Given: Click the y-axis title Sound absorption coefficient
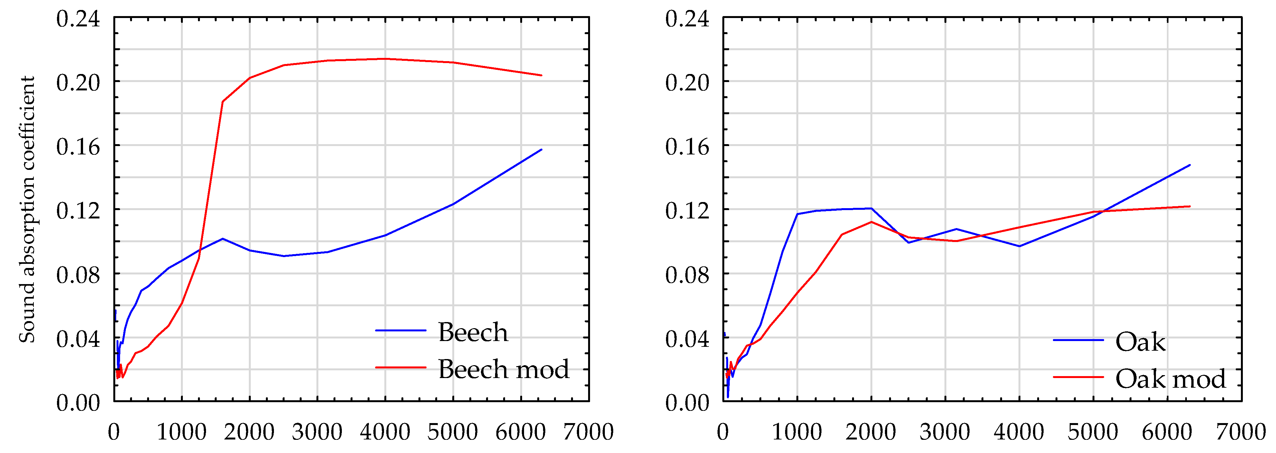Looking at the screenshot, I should tap(27, 209).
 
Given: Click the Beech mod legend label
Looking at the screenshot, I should tap(503, 369).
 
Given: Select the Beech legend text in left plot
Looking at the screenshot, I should tap(473, 332).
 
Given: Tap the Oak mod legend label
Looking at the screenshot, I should tap(1170, 379).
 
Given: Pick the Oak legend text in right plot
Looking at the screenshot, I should tap(1140, 342).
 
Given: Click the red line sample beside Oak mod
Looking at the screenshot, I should tap(1078, 377).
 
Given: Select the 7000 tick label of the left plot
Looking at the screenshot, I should tap(588, 432).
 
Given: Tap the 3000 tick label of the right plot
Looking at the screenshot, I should tap(945, 432).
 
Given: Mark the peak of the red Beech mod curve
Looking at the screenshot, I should tap(385, 59).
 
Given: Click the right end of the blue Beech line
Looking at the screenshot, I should tap(541, 150).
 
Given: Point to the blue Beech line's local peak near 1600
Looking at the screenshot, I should tap(222, 239).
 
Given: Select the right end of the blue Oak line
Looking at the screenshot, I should tap(1190, 165).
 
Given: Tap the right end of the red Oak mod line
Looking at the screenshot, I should tap(1190, 207).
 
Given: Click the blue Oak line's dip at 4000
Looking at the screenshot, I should tap(1019, 246).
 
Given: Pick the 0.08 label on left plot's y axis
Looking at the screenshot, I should tap(78, 275).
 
